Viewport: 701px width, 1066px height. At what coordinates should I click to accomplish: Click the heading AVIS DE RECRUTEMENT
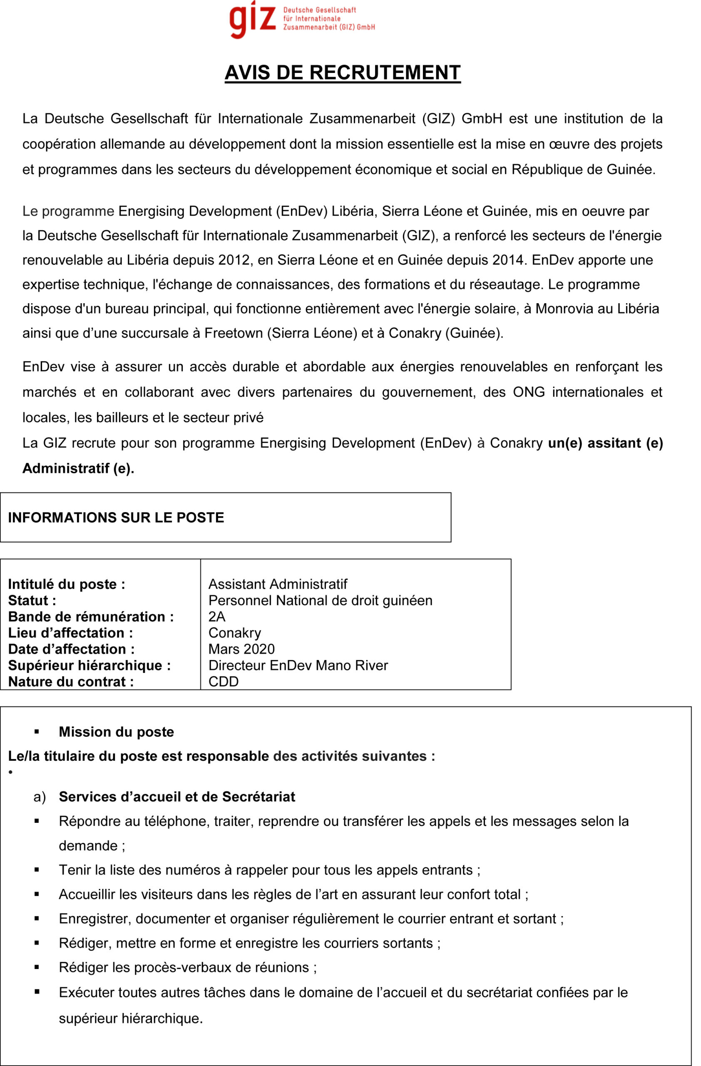tap(343, 73)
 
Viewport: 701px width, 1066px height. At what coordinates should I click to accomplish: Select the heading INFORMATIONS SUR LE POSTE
tap(116, 518)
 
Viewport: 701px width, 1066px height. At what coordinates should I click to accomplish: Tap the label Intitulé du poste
tap(66, 585)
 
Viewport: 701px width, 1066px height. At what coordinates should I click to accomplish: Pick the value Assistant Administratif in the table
tap(278, 585)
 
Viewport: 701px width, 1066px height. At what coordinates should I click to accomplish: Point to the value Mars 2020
tap(241, 649)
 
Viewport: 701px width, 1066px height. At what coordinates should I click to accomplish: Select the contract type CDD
tap(224, 682)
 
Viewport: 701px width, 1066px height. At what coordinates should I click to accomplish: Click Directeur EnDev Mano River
tap(298, 665)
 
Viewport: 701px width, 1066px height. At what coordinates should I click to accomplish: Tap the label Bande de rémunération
tap(90, 617)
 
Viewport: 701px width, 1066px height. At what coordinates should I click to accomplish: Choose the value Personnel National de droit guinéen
tap(320, 600)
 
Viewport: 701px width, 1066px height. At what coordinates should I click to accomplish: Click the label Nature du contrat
tap(71, 682)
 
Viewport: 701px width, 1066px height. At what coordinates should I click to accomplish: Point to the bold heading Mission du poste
tap(117, 732)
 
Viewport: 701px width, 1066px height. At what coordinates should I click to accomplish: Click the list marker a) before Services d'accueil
tap(40, 797)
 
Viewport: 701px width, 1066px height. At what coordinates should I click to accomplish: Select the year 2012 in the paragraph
tap(234, 260)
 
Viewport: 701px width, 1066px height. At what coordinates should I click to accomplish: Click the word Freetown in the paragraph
tap(233, 333)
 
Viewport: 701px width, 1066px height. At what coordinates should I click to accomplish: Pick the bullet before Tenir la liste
tap(37, 870)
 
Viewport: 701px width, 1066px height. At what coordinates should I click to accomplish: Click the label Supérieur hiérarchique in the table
tap(89, 665)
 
